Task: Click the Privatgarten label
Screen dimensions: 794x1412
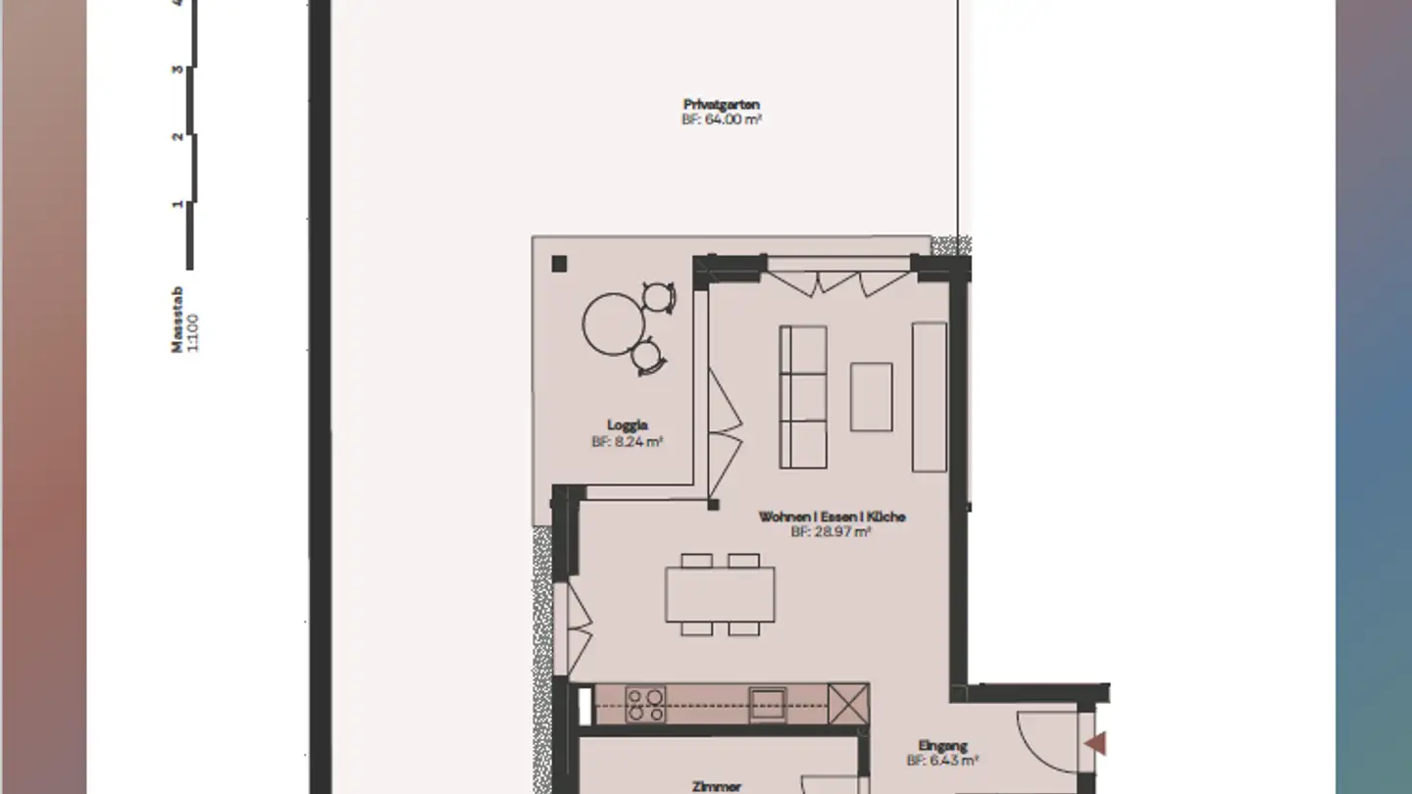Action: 722,104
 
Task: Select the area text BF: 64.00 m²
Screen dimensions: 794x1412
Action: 722,120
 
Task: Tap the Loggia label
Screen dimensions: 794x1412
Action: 627,425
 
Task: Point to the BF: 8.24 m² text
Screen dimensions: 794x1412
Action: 627,442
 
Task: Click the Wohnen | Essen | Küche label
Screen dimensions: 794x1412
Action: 832,517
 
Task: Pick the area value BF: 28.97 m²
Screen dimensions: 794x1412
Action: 832,532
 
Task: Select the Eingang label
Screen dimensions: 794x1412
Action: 942,745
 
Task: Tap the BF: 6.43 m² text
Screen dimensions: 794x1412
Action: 942,760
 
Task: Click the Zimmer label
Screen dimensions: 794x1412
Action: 716,785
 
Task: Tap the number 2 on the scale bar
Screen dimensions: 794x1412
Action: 177,136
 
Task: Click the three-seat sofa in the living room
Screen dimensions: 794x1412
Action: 802,396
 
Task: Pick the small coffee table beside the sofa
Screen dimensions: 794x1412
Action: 871,396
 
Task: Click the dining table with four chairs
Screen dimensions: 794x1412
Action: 720,595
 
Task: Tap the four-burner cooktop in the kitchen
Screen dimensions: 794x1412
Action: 645,704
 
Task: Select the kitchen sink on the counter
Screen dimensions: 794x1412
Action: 767,704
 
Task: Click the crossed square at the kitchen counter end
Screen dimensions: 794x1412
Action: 848,704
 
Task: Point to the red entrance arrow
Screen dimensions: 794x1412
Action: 1095,744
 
